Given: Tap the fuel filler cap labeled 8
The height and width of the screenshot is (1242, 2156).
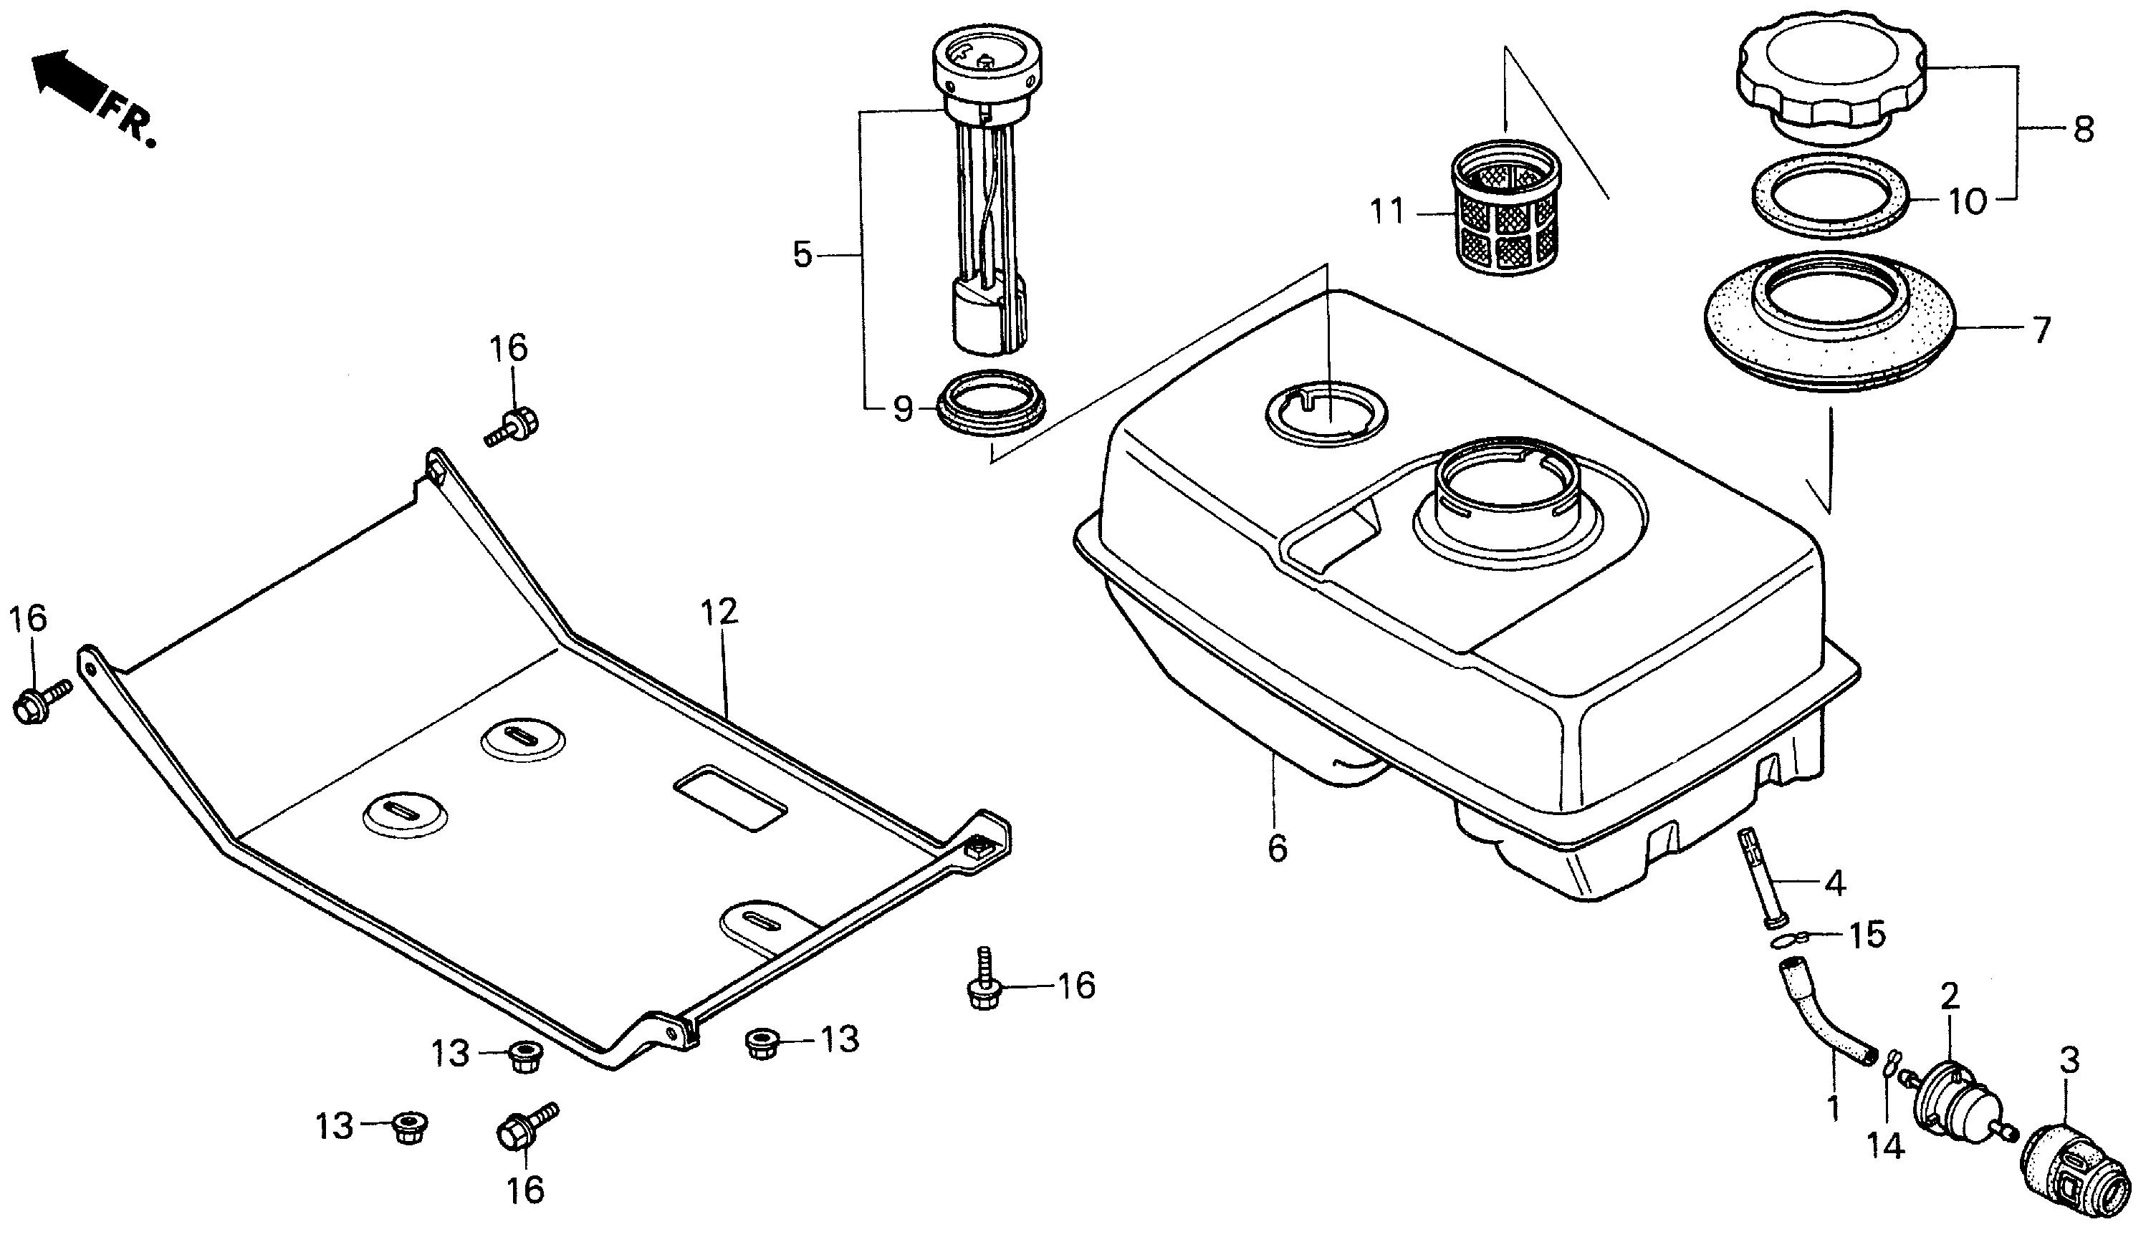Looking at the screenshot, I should tap(1830, 77).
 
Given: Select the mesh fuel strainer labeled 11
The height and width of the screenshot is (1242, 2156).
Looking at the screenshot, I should tap(1506, 209).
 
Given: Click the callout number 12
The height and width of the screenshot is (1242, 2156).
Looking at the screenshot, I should tap(719, 612).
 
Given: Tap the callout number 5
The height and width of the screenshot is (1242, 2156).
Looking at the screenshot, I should tap(802, 254).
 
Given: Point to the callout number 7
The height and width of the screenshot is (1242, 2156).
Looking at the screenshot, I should tap(2039, 330).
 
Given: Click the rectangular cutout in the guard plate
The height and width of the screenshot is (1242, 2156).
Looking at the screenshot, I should tap(729, 801).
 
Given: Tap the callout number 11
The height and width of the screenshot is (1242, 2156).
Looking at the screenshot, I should tap(1386, 211).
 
